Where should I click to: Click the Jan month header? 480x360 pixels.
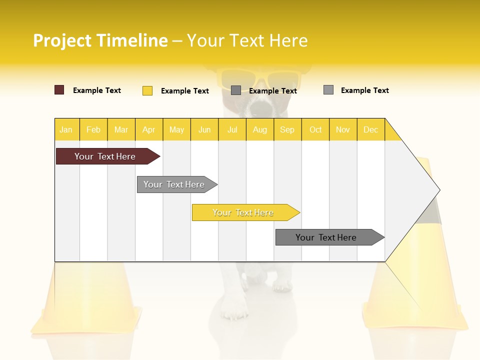tap(66, 129)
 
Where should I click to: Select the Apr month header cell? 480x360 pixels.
tap(149, 129)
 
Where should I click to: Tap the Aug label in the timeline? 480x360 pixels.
tap(259, 129)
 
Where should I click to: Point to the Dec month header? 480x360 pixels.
tap(370, 129)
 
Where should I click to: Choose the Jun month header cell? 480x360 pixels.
tap(204, 129)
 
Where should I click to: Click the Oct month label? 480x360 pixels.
tap(315, 129)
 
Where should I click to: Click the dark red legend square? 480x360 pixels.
tap(59, 90)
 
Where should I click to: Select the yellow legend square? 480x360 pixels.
tap(147, 90)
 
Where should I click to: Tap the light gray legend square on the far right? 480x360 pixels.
tap(328, 90)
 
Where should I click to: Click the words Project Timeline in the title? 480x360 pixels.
tap(100, 40)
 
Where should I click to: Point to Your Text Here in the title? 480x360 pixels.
tap(247, 40)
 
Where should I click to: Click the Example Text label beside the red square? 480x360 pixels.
tap(97, 90)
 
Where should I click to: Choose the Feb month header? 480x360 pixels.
tap(93, 129)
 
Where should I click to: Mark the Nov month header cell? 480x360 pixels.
tap(343, 129)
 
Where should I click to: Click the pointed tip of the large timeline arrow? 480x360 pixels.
tap(438, 189)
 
